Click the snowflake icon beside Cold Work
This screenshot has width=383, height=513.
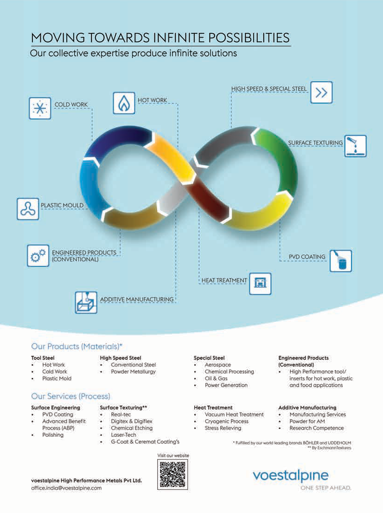click(x=40, y=108)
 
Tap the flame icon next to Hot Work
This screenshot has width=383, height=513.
click(x=124, y=103)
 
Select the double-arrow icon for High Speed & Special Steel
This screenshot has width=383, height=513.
click(x=321, y=92)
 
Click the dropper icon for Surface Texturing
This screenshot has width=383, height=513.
click(x=355, y=146)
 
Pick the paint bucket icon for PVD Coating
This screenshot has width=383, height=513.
click(x=340, y=261)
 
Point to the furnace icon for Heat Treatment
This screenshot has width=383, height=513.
click(x=260, y=284)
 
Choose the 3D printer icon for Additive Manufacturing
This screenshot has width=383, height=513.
click(x=86, y=302)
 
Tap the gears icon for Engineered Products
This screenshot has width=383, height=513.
click(x=38, y=255)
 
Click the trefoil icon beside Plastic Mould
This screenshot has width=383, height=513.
click(x=28, y=209)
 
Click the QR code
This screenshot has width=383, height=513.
click(x=172, y=474)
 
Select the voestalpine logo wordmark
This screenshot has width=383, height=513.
click(x=291, y=476)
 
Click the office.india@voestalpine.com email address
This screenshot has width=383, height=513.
click(x=66, y=488)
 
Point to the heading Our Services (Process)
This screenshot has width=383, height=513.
click(x=70, y=396)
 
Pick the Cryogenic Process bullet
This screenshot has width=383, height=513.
click(x=226, y=422)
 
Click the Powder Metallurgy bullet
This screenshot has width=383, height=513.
click(x=133, y=371)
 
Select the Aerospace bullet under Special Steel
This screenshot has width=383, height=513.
click(x=217, y=365)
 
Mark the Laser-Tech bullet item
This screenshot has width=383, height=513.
click(x=123, y=435)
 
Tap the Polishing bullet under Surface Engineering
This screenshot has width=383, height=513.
click(x=53, y=435)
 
